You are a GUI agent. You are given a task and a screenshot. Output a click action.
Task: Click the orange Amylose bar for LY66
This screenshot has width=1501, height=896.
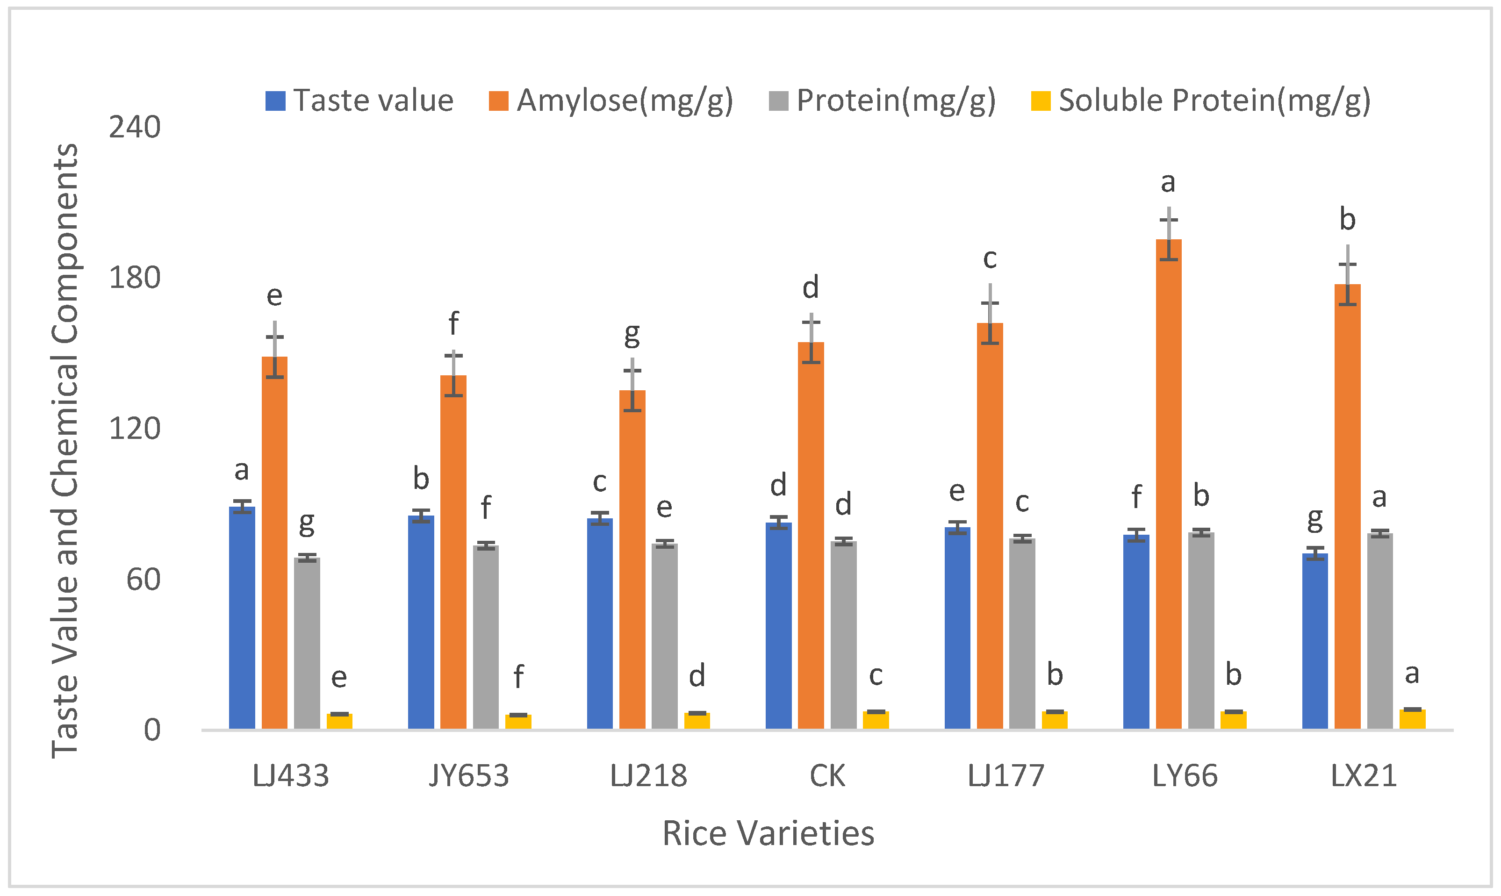(1168, 483)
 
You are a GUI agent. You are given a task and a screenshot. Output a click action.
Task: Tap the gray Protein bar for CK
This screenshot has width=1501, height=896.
(843, 634)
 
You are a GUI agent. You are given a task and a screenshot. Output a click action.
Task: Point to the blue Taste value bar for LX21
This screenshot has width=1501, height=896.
(1314, 640)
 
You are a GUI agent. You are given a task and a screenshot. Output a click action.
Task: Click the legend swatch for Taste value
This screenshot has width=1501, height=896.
(275, 101)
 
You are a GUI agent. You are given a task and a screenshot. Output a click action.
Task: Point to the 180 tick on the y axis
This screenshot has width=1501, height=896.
(134, 278)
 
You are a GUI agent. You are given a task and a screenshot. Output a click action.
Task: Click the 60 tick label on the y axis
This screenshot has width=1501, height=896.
(143, 580)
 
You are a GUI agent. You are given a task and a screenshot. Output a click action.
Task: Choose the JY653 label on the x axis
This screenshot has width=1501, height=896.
(468, 776)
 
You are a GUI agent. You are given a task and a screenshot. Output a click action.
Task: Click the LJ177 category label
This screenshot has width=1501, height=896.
(1005, 776)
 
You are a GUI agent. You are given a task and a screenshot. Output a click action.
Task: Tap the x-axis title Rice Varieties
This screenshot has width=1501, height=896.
(768, 833)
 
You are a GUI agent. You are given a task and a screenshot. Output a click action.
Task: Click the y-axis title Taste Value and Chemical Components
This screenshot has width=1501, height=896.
(65, 450)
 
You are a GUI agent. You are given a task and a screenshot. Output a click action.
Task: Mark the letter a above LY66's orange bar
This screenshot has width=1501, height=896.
(1168, 182)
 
